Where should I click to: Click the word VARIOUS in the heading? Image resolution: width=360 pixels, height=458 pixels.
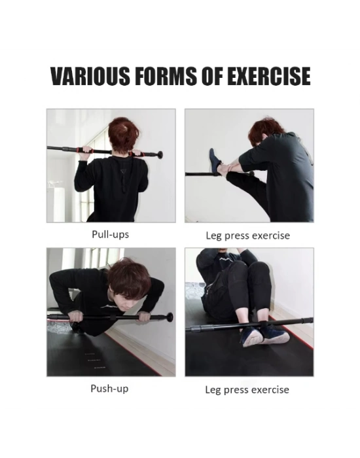coord(90,77)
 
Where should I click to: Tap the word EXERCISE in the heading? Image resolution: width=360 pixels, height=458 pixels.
coord(269,77)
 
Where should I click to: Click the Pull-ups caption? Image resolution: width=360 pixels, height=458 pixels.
coord(110,234)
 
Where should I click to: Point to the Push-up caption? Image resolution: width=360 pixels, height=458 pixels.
coord(109,389)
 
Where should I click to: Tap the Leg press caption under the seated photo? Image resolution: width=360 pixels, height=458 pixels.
coord(247,390)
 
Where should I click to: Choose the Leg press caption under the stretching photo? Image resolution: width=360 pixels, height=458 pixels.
coord(248,236)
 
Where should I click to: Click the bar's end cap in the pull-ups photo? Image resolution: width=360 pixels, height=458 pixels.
coord(160,154)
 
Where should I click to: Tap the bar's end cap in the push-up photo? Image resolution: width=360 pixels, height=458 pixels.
coord(170,317)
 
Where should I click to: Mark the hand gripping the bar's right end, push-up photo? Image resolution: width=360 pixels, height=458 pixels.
coord(144,317)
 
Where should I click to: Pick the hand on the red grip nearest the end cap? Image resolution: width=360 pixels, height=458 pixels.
coord(136,153)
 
